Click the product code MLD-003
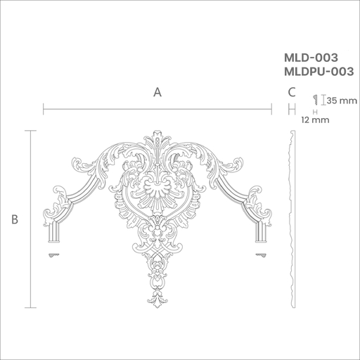pos(311,58)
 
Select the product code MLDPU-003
pos(319,72)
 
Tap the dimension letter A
pos(157,92)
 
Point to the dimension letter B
pos(15,219)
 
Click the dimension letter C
pos(292,92)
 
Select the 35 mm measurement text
pos(342,101)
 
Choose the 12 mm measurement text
pos(316,120)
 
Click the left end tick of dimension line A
pos(44,109)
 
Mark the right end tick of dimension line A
pos(271,109)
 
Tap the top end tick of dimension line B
pos(31,131)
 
